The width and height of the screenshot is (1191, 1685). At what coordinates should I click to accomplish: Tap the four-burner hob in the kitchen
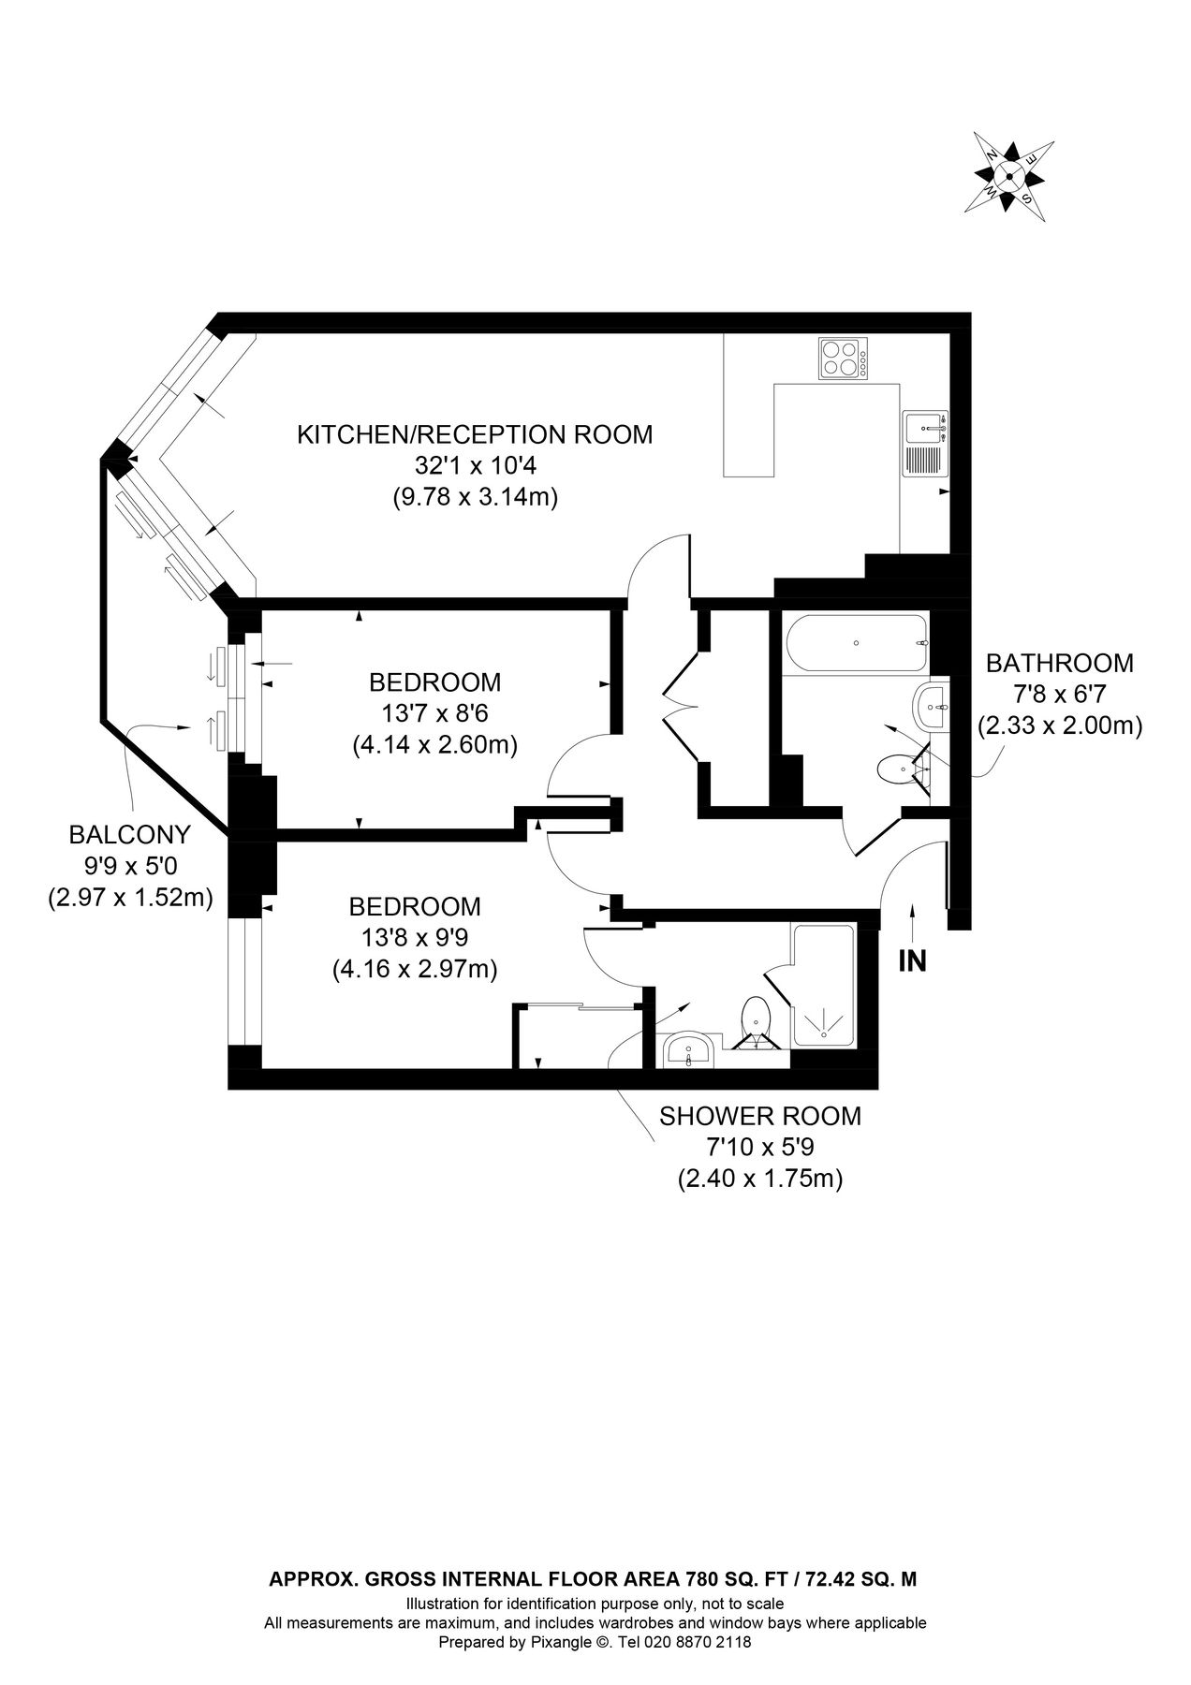tap(842, 359)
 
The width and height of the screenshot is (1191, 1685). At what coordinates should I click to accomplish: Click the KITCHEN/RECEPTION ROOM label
tap(474, 435)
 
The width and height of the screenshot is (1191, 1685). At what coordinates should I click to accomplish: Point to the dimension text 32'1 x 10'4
tap(474, 466)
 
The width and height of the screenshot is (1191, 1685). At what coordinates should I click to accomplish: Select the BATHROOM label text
tap(1059, 664)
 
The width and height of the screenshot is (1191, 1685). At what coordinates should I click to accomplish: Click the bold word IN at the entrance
tap(912, 960)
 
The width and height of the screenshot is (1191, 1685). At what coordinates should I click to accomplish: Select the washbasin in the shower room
tap(690, 1050)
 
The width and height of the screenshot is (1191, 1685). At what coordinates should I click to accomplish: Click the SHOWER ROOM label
tap(759, 1117)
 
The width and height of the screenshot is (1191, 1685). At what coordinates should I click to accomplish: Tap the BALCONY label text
tap(130, 834)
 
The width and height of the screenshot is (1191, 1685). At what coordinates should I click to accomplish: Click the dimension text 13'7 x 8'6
tap(434, 714)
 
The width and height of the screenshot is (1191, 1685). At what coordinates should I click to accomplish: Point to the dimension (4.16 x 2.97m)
tap(415, 970)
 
